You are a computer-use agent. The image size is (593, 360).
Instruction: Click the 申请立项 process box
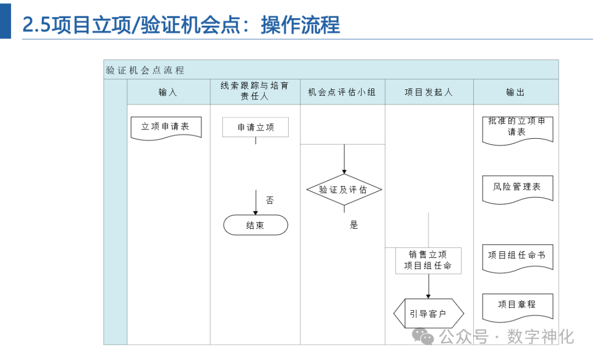point(255,127)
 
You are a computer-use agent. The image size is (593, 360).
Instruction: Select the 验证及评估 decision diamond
point(344,190)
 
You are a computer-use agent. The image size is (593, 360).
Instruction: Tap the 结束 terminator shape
point(255,225)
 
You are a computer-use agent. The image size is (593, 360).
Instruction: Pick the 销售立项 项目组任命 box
point(428,260)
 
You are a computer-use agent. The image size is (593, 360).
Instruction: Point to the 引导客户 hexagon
point(428,314)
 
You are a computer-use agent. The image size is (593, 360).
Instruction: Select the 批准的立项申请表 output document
point(517,128)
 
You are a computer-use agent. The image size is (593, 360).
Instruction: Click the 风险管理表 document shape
point(517,188)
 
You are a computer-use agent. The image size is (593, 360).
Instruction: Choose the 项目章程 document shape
point(517,305)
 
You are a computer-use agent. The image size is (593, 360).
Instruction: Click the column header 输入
point(168,92)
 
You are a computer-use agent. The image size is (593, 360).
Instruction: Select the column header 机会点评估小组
point(342,92)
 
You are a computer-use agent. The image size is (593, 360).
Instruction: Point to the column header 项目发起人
point(429,92)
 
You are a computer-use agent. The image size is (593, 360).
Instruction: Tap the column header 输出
point(516,92)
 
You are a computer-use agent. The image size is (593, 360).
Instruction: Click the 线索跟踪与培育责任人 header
point(255,91)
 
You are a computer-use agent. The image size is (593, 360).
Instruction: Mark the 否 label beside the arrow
point(270,200)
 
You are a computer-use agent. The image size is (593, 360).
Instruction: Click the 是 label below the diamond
point(354,225)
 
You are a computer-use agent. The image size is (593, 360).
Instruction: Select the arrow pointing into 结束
point(256,203)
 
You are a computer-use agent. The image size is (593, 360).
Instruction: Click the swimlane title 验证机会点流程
point(145,70)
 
